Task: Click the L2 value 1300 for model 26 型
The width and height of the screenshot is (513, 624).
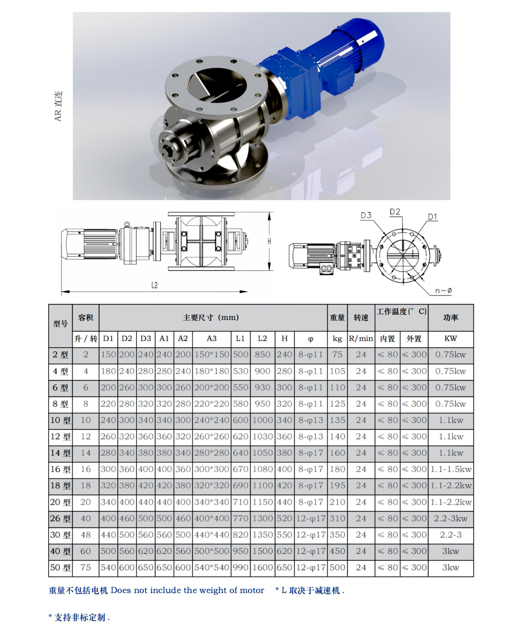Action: click(263, 518)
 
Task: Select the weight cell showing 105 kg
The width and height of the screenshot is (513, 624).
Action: click(337, 371)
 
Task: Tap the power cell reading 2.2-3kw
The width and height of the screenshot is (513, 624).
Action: click(451, 518)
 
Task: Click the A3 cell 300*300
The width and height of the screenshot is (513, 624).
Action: click(211, 469)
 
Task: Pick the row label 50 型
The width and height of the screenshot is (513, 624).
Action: click(60, 567)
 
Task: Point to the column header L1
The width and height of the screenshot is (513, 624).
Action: click(240, 338)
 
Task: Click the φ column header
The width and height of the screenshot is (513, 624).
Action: click(311, 339)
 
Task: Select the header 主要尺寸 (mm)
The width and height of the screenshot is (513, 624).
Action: click(211, 317)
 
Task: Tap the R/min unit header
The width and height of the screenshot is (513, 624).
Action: click(361, 339)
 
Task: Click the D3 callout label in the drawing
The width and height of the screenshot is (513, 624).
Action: click(366, 215)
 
